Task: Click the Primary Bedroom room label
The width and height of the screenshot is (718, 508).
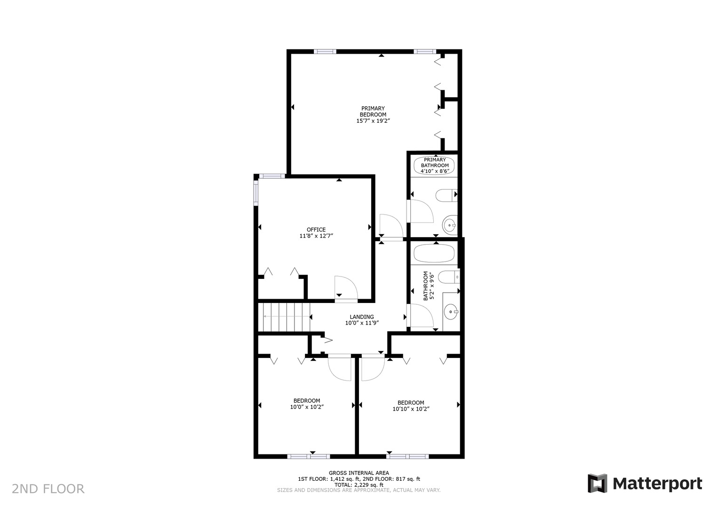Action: tap(373, 111)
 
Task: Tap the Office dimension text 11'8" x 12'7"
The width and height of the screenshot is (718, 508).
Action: tap(316, 236)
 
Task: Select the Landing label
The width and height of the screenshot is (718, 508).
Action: tap(362, 317)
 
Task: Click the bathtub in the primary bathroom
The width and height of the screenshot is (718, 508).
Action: tap(434, 166)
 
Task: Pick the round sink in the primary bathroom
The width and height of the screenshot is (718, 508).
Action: tap(450, 226)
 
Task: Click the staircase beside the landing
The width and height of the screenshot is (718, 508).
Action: tap(286, 317)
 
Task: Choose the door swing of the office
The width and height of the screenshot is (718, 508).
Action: tap(345, 287)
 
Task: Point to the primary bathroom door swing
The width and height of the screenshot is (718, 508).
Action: tap(422, 211)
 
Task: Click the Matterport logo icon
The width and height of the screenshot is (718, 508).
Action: tap(597, 483)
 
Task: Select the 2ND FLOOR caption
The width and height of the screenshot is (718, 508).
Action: tap(48, 489)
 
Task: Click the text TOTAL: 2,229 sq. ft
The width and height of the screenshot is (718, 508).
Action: tap(359, 484)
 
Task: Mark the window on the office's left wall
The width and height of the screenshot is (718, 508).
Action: tap(256, 191)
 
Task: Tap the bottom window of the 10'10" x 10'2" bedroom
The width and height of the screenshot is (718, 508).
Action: tap(407, 456)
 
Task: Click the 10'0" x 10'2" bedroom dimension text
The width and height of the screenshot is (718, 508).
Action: tap(307, 407)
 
